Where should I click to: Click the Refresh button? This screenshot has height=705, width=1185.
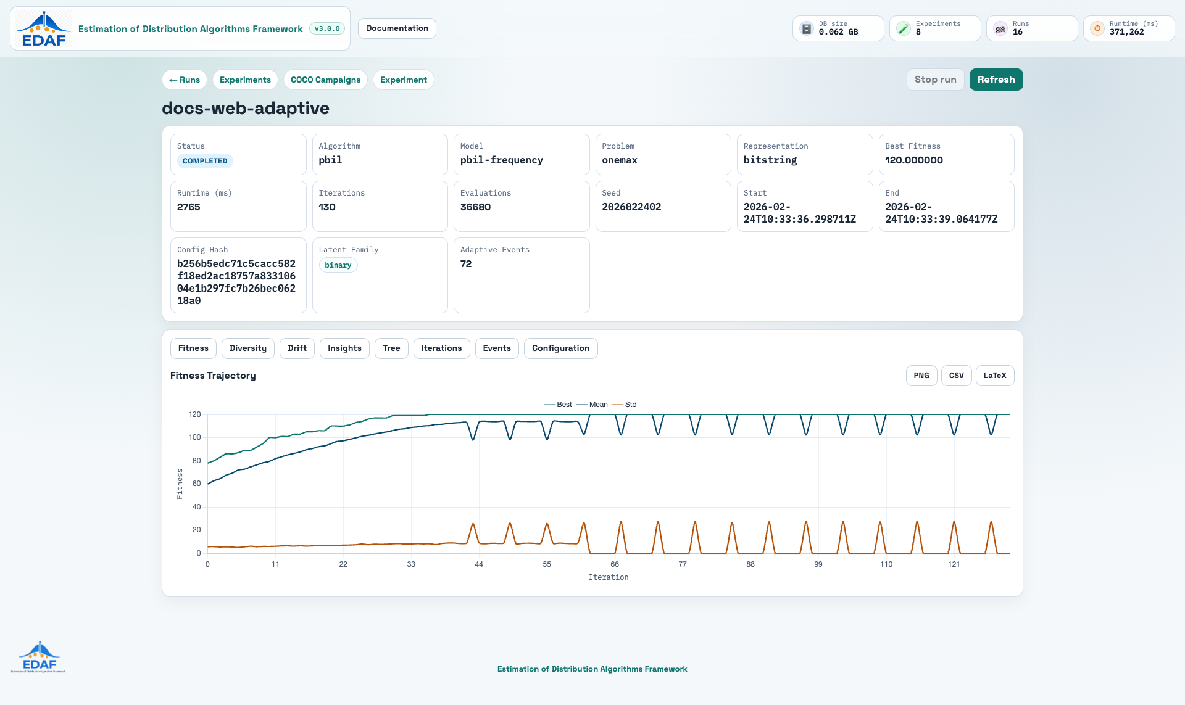coord(996,80)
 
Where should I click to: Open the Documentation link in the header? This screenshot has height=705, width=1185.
coord(397,28)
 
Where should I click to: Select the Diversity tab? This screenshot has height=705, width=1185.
coord(248,348)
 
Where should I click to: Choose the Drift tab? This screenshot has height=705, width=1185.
coord(297,348)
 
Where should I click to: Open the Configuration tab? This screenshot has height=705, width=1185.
coord(560,348)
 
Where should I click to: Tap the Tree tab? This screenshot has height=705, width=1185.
coord(391,348)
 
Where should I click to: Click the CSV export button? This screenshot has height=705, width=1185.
coord(957,376)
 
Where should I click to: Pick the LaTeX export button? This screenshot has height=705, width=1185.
coord(995,376)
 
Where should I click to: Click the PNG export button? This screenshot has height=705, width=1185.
coord(921,376)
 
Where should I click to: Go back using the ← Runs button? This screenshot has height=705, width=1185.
coord(185,80)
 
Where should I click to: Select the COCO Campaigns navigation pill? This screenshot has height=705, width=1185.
coord(326,80)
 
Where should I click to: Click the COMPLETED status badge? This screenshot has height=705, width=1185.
coord(205,161)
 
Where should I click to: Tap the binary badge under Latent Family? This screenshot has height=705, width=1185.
coord(338,265)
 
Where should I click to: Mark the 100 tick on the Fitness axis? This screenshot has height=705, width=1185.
coord(195,437)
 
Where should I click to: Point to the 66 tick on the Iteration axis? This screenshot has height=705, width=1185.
coord(615,564)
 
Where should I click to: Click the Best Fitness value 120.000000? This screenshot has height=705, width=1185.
coord(914,160)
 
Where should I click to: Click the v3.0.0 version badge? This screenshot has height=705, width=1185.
coord(327,28)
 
